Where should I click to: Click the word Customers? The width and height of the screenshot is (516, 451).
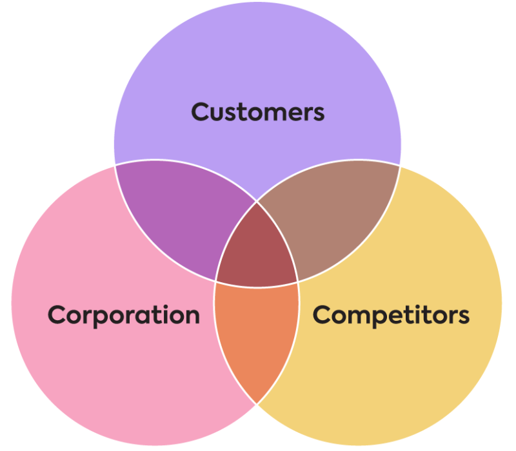point(257,112)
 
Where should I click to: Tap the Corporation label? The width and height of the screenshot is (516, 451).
point(124,316)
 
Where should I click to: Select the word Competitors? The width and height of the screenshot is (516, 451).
point(391,316)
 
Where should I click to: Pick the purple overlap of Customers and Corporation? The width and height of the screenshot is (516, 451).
point(181,217)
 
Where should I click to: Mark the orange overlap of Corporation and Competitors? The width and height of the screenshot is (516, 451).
point(257,339)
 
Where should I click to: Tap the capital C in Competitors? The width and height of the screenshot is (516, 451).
point(321,315)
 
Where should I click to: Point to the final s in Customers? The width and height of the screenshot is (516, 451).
point(319,115)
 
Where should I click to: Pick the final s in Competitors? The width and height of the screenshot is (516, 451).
point(464,317)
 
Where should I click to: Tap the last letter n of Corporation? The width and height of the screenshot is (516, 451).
point(192,317)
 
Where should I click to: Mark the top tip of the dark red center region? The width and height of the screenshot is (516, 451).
point(257,202)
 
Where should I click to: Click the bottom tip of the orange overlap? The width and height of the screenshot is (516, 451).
point(257,404)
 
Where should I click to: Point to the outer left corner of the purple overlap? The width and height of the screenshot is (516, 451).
point(115,165)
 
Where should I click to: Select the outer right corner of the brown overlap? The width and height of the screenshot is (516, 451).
point(399,166)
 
